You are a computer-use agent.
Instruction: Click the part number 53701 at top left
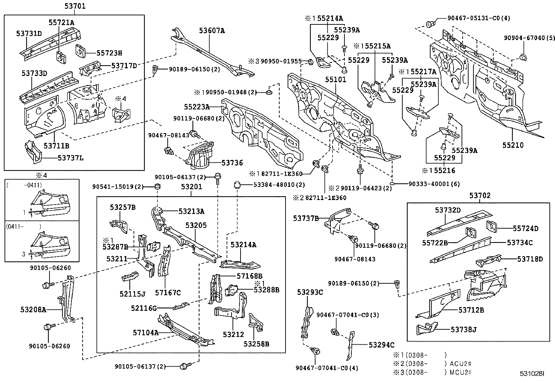(x=75, y=6)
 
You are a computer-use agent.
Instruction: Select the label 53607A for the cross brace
(x=212, y=31)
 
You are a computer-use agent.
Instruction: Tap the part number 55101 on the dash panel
(x=336, y=79)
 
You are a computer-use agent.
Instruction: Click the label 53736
(x=233, y=163)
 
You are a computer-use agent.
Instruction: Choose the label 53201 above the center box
(x=191, y=187)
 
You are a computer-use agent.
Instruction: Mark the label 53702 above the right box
(x=480, y=196)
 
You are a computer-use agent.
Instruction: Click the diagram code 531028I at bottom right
(x=532, y=373)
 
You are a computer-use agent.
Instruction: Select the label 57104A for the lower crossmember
(x=146, y=332)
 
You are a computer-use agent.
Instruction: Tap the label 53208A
(x=33, y=309)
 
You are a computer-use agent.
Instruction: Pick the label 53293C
(x=310, y=292)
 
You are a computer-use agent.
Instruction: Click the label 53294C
(x=381, y=345)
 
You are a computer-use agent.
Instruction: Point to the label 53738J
(x=463, y=329)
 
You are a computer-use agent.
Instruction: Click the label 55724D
(x=525, y=229)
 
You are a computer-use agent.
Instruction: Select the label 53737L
(x=71, y=158)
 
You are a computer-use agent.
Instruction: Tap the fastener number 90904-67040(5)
(x=529, y=38)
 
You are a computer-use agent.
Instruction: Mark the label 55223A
(x=197, y=107)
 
